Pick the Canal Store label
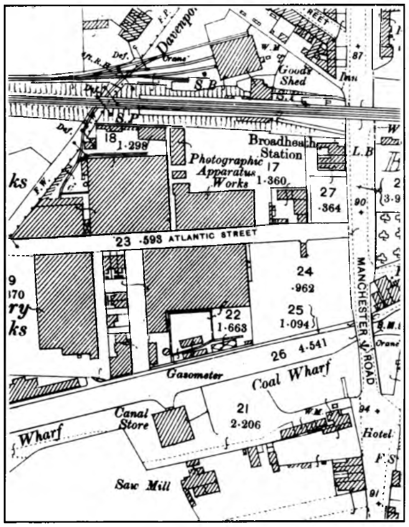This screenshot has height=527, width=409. coord(132,419)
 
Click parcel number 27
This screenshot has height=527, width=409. coord(328,192)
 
